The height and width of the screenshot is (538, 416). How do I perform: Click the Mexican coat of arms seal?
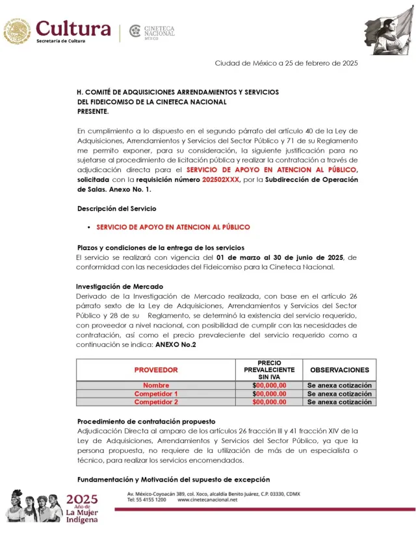point(17,31)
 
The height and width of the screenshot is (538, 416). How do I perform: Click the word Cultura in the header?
point(73,28)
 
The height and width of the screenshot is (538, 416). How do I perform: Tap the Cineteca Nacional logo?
point(153,31)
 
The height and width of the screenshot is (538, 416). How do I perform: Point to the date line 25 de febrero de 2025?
point(286,63)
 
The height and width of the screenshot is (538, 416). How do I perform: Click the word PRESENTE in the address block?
point(93,111)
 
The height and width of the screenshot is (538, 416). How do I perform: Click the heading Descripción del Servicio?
point(116,209)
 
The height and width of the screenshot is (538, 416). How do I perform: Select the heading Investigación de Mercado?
point(120,287)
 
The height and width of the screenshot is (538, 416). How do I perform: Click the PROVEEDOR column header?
point(155,370)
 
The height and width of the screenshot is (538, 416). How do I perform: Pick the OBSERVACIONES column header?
point(339,370)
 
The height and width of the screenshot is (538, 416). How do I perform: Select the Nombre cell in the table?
point(155,385)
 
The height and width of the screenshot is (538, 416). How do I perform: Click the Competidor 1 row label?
point(155,394)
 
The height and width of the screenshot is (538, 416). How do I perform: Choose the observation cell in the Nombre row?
point(339,385)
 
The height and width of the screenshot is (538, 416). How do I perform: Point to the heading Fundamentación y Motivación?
point(173,480)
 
